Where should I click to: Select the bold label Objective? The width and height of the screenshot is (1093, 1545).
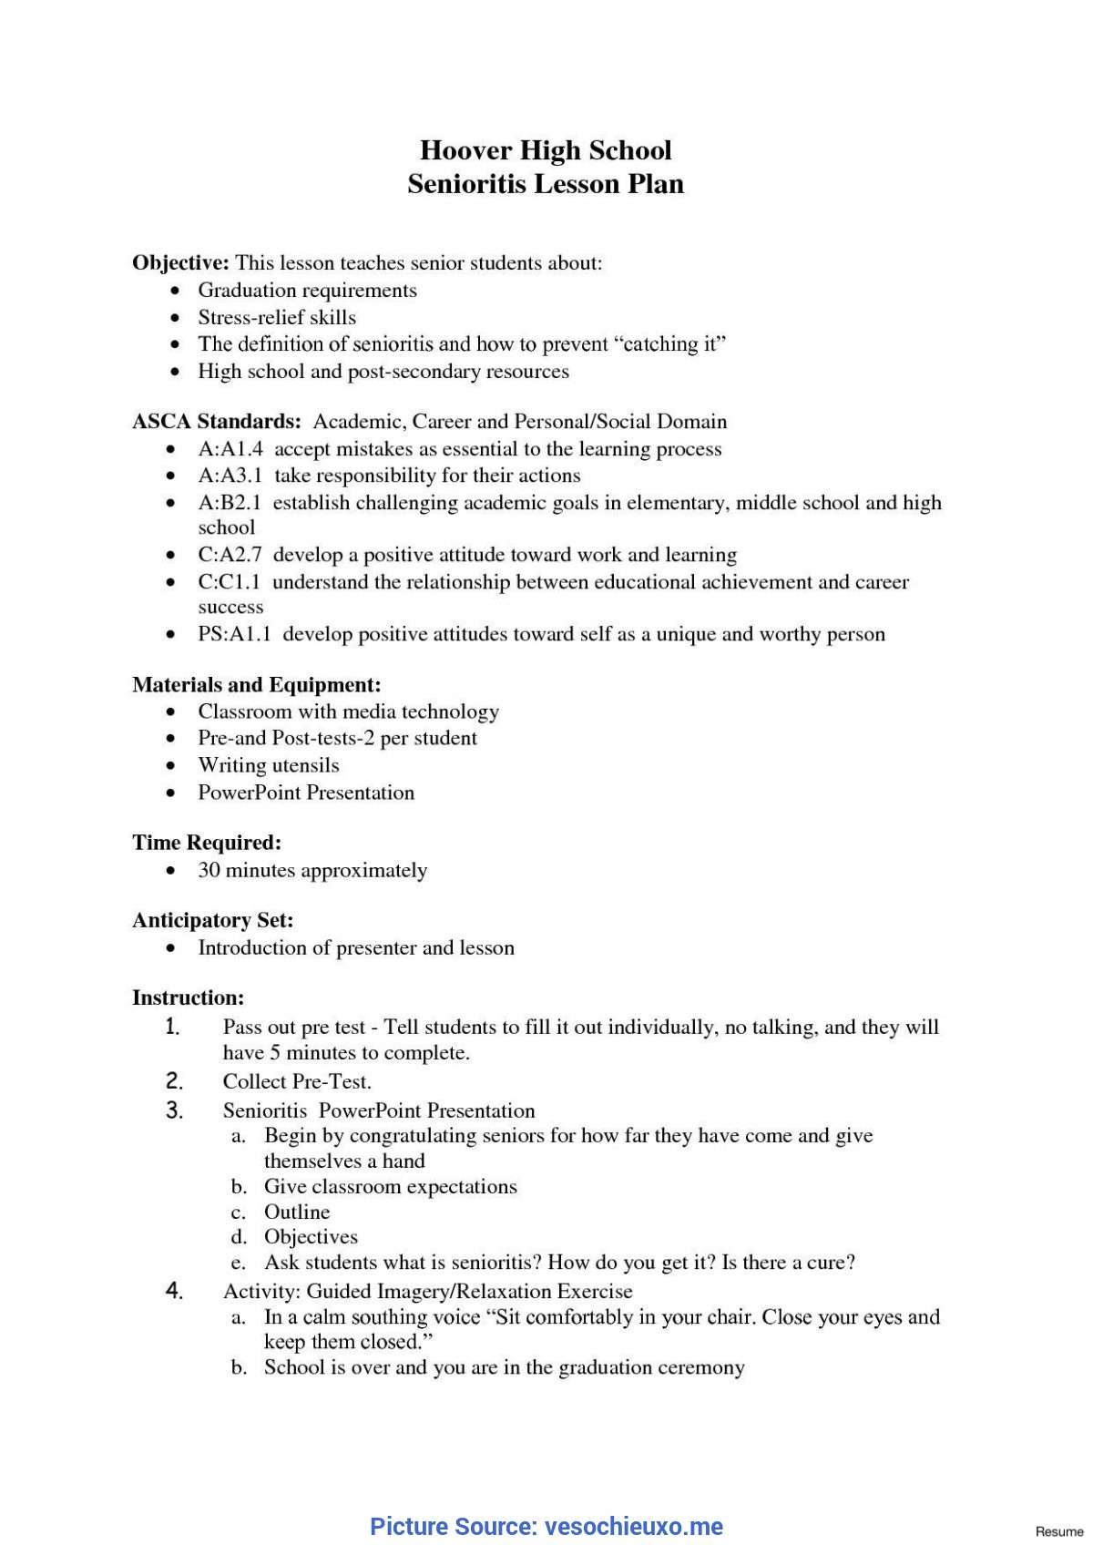180,263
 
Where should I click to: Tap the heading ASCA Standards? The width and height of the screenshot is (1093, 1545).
217,422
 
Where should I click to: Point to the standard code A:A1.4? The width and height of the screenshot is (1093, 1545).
230,449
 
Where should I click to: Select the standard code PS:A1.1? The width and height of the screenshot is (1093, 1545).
235,635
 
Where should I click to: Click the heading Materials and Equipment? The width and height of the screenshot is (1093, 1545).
256,685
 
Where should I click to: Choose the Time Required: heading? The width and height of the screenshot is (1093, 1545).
207,843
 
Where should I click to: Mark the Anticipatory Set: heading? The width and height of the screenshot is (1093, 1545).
212,921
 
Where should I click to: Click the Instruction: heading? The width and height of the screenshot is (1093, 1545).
188,998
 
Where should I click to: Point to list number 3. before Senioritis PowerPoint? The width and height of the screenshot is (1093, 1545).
175,1110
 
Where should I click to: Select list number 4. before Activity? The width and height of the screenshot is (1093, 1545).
175,1291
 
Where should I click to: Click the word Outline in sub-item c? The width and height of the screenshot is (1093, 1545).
297,1212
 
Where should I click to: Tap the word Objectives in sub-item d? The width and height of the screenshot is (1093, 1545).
311,1237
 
